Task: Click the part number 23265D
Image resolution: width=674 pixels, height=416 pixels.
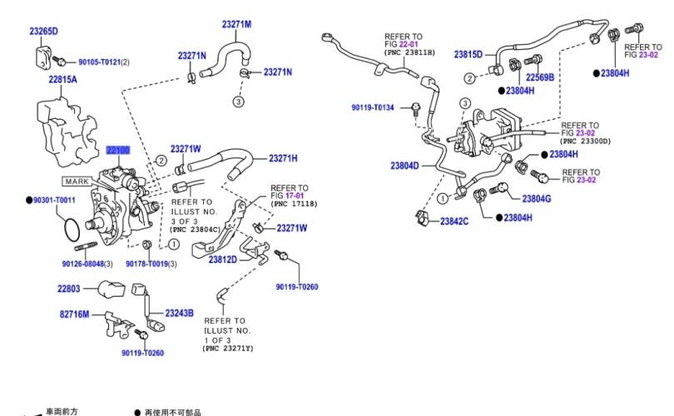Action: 43,32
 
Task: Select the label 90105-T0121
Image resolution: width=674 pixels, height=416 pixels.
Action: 100,62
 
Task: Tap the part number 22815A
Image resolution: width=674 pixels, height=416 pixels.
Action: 62,80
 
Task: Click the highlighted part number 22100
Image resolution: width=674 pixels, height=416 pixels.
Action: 117,151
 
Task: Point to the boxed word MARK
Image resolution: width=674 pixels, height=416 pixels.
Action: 77,180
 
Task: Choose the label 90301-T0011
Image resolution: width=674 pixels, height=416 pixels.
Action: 54,201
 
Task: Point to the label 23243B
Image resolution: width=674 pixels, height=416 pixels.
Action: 179,314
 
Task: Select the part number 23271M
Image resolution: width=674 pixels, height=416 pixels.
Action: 236,24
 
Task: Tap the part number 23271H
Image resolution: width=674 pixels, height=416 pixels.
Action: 283,158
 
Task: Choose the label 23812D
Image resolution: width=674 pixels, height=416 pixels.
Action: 222,260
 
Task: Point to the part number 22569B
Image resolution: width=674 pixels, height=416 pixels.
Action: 539,77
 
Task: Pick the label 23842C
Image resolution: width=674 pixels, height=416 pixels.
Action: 454,221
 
